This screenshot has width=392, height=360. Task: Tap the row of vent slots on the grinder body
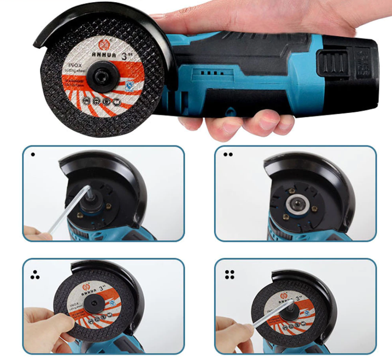pyautogui.click(x=212, y=73)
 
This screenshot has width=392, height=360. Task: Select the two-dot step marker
pyautogui.click(x=228, y=154)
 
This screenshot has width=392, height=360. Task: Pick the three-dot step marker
pyautogui.click(x=35, y=276)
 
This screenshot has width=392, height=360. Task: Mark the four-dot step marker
pyautogui.click(x=230, y=275)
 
